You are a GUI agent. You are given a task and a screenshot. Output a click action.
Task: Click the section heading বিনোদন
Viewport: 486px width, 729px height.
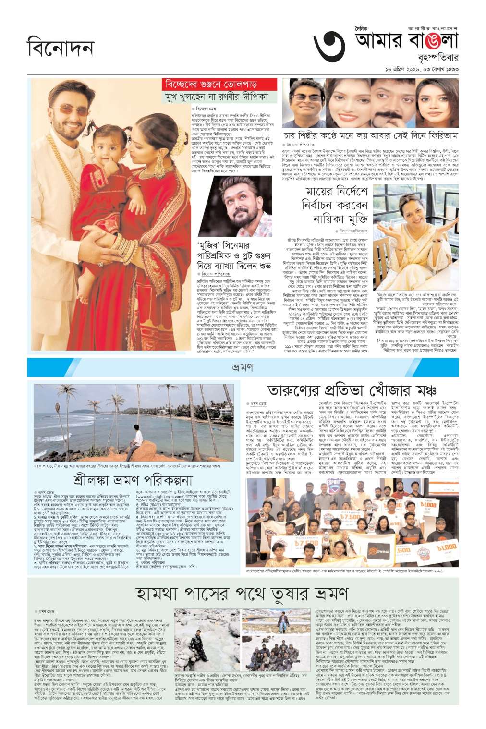pyautogui.click(x=60, y=49)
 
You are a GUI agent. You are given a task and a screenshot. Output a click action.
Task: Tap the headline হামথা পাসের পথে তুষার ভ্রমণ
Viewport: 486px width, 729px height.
pyautogui.click(x=242, y=593)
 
